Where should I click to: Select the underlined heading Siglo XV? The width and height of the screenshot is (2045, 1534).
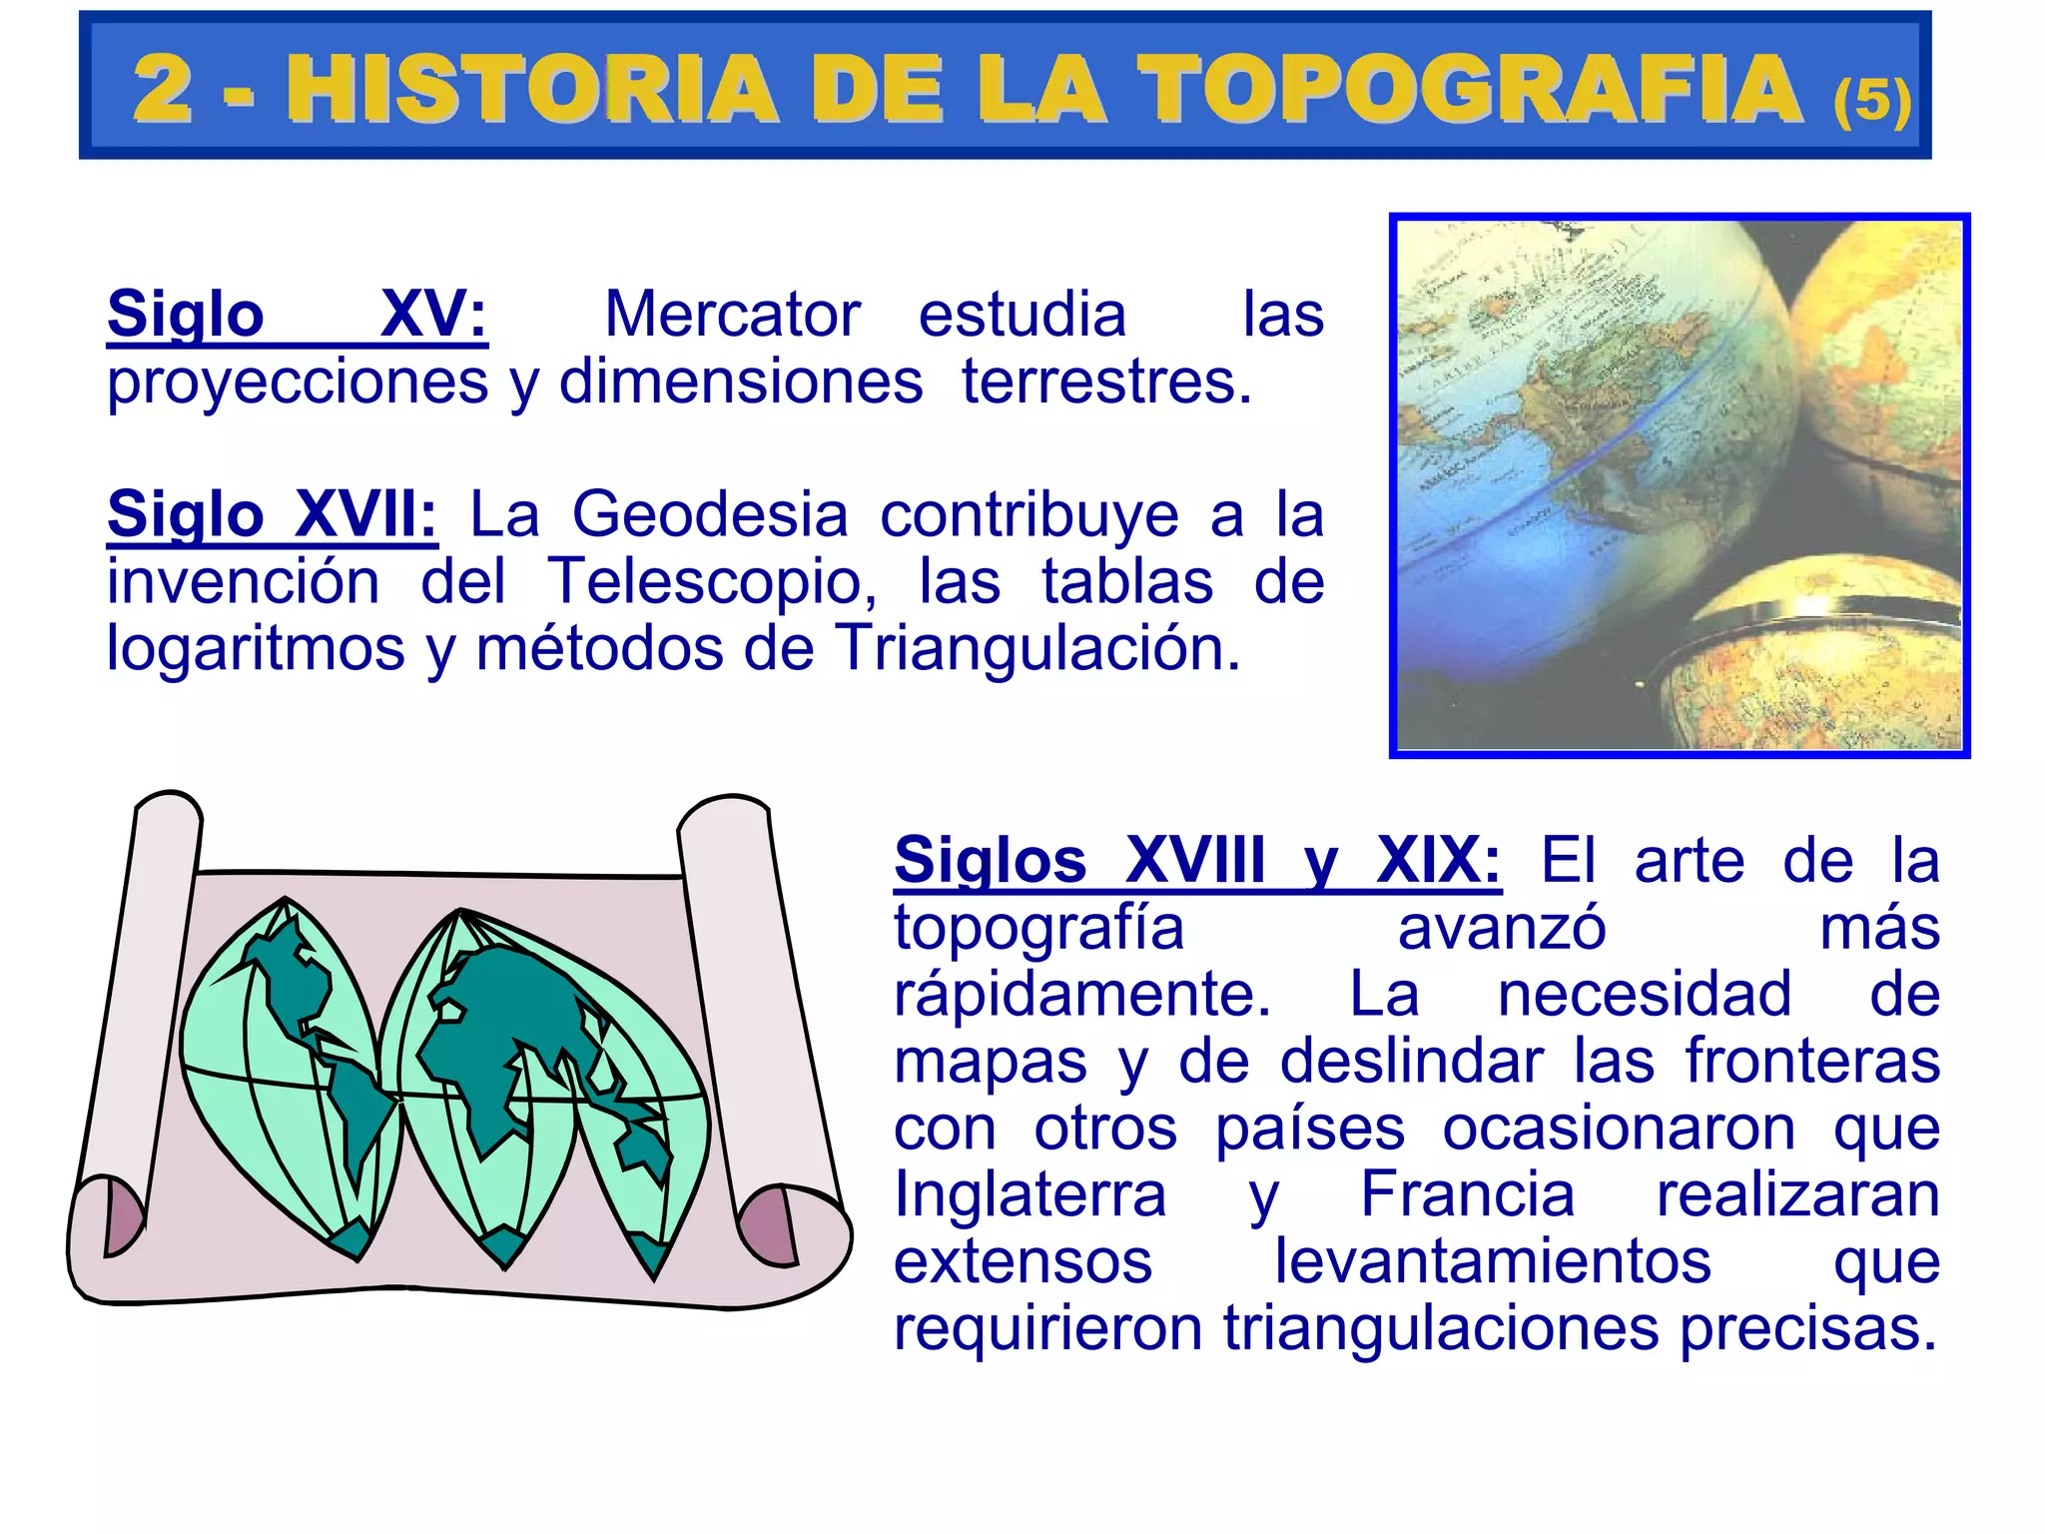[x=297, y=315]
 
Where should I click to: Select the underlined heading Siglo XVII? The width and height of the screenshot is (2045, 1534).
[x=272, y=515]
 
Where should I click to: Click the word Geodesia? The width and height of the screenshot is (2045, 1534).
[x=710, y=515]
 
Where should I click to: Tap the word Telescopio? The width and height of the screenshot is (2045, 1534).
[x=711, y=582]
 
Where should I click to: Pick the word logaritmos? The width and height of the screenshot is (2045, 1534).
[x=256, y=649]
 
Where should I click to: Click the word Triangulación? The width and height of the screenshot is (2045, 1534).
[x=1036, y=649]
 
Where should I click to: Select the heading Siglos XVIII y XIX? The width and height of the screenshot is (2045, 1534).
[x=1196, y=861]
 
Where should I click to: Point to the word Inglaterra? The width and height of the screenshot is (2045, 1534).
[x=1029, y=1195]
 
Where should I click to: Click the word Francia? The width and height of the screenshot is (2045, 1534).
[x=1467, y=1195]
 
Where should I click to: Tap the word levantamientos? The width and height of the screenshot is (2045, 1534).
[x=1493, y=1262]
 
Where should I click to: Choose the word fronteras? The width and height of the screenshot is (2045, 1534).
[x=1812, y=1061]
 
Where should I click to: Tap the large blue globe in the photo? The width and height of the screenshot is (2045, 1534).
[x=1578, y=449]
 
